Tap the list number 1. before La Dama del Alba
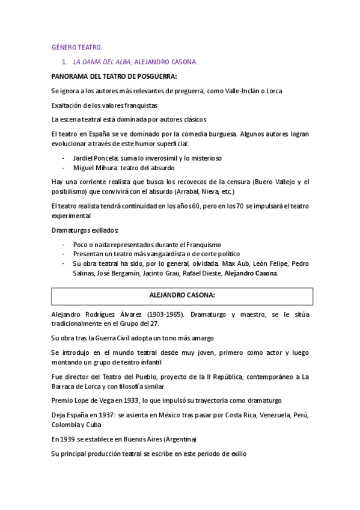[65, 61]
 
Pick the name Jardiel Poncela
[97, 158]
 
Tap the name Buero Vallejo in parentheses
[273, 182]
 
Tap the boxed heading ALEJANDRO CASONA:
[182, 296]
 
